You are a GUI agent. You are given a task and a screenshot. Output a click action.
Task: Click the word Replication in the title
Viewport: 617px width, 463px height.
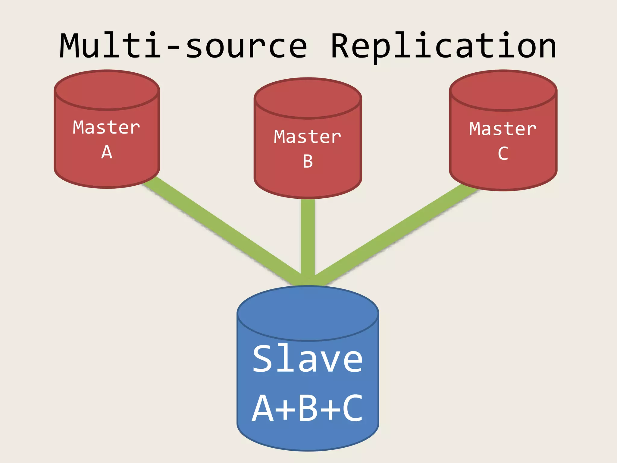pos(443,46)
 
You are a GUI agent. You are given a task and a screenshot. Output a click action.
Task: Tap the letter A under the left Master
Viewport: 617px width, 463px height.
pos(107,152)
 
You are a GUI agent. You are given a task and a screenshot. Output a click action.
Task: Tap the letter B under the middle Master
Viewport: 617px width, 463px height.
pos(308,162)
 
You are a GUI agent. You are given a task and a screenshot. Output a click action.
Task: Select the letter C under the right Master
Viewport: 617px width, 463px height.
pos(503,154)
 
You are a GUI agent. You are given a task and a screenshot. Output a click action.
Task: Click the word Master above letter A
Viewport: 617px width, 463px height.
pos(106,128)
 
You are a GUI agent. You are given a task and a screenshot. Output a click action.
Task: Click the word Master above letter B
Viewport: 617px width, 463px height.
pos(308,137)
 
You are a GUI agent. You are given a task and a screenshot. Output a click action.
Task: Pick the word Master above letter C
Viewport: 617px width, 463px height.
pos(503,129)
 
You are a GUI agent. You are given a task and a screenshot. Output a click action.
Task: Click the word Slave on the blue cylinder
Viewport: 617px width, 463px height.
pos(308,359)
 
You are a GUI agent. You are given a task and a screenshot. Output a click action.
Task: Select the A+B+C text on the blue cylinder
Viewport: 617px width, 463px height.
pos(308,408)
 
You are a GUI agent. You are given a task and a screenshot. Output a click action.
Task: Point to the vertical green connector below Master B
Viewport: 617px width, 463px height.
pos(308,235)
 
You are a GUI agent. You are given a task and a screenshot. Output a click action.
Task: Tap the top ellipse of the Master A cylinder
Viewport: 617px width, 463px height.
pos(107,90)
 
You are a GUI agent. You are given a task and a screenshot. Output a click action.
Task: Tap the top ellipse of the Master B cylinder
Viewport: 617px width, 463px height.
pos(308,98)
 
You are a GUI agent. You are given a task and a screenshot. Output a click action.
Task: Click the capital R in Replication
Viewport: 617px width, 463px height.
pos(343,46)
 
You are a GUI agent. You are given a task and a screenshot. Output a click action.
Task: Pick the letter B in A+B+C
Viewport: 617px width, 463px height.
pos(308,408)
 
